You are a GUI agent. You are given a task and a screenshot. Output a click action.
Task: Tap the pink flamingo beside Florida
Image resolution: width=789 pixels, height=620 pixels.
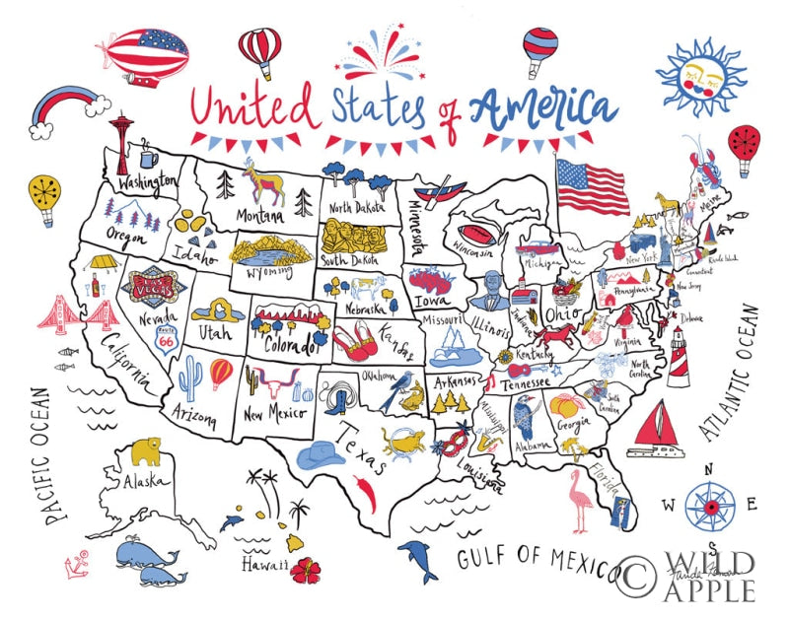click(578, 499)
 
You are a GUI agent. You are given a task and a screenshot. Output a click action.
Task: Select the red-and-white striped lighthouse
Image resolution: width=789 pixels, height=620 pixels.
click(679, 356)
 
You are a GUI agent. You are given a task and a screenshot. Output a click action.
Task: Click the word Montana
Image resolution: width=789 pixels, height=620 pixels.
click(259, 215)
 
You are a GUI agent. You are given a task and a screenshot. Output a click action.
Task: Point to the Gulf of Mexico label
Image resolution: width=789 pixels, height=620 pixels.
click(535, 558)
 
